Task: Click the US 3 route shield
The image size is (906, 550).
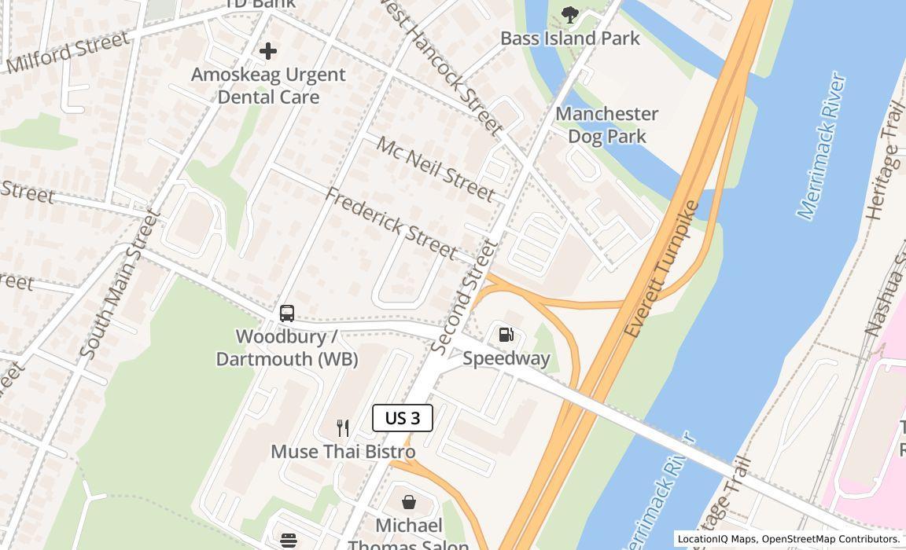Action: (x=402, y=418)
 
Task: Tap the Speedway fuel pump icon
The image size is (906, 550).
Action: (x=506, y=335)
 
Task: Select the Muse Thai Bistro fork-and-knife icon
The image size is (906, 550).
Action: (x=343, y=428)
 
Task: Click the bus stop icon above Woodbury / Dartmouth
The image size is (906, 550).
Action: (x=287, y=313)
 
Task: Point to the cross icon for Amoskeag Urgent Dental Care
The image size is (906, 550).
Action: (x=268, y=51)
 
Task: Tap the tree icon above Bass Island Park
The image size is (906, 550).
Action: (x=570, y=13)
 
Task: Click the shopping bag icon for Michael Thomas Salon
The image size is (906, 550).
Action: (x=409, y=502)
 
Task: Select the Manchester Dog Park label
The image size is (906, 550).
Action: (x=607, y=125)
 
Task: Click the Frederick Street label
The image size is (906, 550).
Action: (x=391, y=223)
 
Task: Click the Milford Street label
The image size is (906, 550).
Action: (x=68, y=53)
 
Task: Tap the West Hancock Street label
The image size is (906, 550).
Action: (x=440, y=67)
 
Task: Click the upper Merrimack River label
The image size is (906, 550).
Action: (x=821, y=145)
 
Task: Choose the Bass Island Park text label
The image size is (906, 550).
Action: (x=570, y=38)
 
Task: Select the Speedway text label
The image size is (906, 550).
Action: (x=506, y=358)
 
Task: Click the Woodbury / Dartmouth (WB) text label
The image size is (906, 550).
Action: (x=287, y=347)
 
